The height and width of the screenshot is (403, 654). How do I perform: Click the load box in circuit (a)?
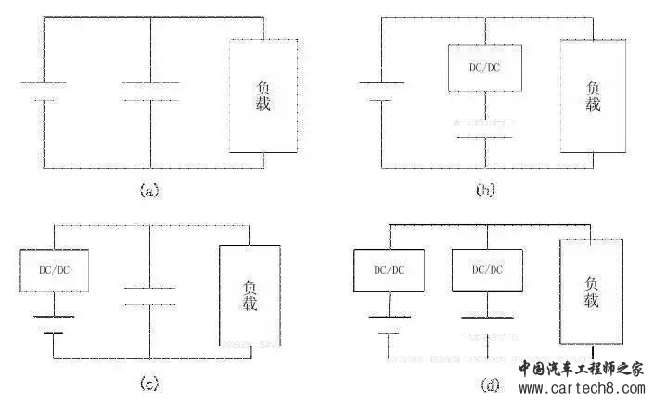pos(230,95)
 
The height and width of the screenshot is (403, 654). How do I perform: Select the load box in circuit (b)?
pos(561,95)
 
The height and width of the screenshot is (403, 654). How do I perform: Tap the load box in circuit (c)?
pos(220,296)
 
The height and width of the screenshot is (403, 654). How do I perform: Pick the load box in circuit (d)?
pos(560,291)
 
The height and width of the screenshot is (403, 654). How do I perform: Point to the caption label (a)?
pos(149,191)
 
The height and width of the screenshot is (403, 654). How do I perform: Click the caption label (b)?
pos(485,191)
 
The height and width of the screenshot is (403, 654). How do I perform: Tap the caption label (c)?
pos(149,384)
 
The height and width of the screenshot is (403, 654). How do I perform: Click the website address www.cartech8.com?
pos(583,388)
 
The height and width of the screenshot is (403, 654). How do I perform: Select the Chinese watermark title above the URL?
pos(582,370)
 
